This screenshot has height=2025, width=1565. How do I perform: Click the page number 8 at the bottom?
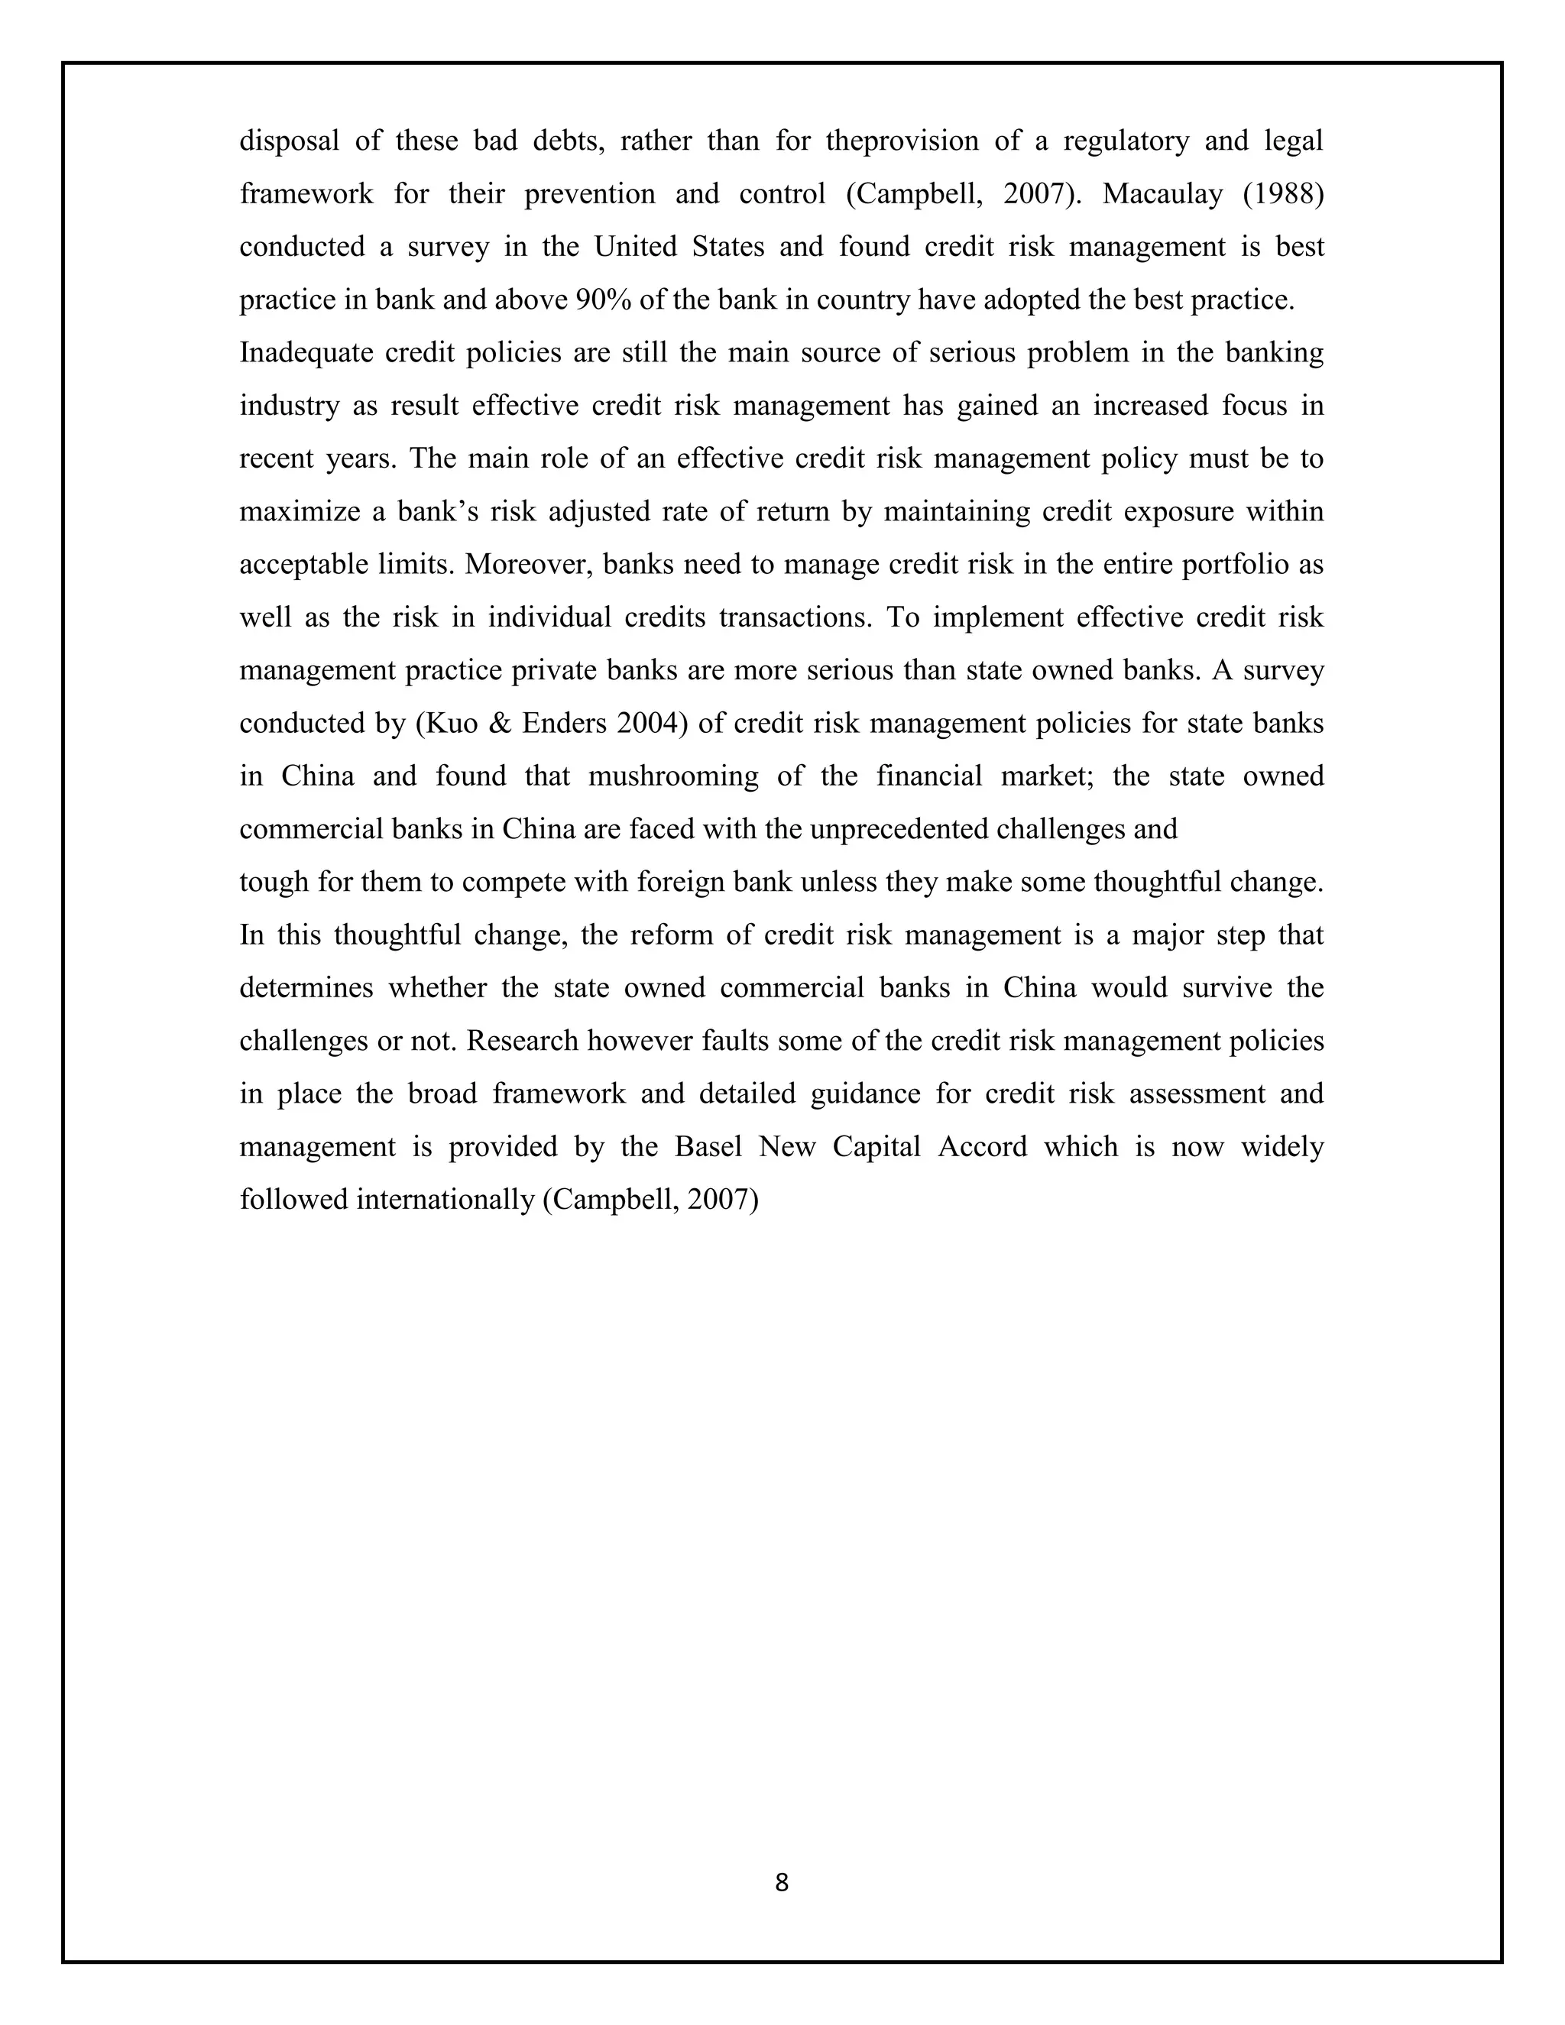(782, 1883)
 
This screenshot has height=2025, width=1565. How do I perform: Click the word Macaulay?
(1164, 195)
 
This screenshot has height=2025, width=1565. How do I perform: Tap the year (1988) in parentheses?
(1283, 195)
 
